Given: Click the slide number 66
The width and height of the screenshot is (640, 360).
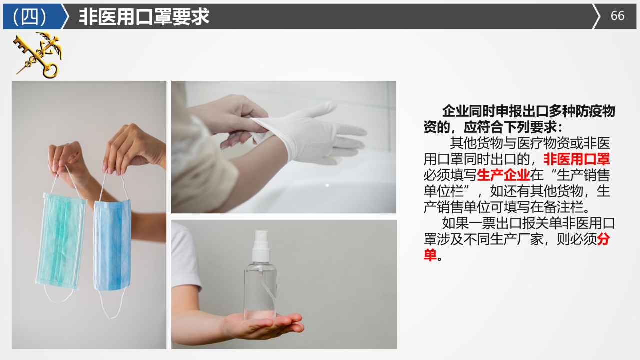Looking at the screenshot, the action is (x=617, y=16).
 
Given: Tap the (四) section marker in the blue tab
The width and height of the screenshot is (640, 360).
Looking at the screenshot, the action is (x=30, y=16).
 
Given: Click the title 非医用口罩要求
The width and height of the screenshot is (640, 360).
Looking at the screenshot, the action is (x=144, y=17).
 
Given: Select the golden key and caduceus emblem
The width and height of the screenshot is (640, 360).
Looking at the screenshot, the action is (x=37, y=55).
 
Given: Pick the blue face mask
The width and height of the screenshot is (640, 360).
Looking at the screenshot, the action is (x=112, y=245).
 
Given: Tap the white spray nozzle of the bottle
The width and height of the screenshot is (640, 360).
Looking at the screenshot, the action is (x=261, y=246).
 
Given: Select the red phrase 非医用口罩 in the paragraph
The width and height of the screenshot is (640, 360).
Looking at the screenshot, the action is (x=576, y=159).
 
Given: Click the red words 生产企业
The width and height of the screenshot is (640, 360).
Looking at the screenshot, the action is (x=503, y=175).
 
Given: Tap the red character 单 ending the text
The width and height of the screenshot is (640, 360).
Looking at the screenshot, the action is (x=430, y=255).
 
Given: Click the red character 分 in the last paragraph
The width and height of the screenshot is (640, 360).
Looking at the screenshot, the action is (x=603, y=239).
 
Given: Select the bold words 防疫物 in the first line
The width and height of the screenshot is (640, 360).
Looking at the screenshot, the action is (x=595, y=111).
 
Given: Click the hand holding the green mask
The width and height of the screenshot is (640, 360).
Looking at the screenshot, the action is (x=67, y=160).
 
